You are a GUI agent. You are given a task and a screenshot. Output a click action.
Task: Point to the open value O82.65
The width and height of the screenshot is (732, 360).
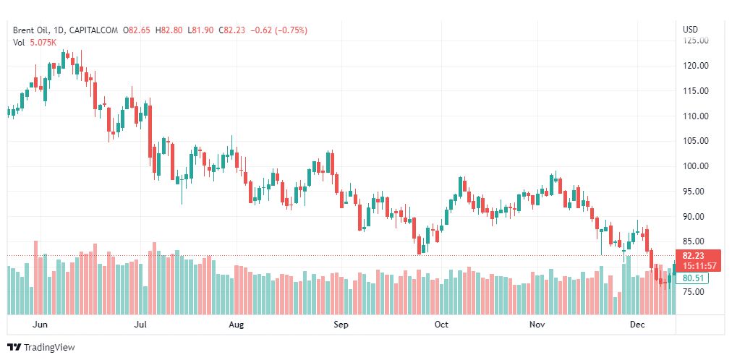(136, 30)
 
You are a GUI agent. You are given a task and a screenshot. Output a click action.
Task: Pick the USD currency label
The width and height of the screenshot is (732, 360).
(690, 30)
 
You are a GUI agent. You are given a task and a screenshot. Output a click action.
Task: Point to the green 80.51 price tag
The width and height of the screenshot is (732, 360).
(694, 278)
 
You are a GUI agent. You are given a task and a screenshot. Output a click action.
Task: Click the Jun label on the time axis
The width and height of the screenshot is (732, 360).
(41, 325)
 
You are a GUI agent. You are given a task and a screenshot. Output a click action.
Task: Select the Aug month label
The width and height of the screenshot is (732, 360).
(236, 325)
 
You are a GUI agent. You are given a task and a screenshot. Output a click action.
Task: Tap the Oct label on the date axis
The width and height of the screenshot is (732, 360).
(441, 325)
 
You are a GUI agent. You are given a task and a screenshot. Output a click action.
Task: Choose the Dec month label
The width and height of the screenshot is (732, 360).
(637, 325)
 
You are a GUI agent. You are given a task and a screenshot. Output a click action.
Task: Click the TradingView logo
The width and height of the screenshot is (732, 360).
(41, 348)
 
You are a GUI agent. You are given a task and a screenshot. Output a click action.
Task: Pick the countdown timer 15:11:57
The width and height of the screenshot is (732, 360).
(698, 265)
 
